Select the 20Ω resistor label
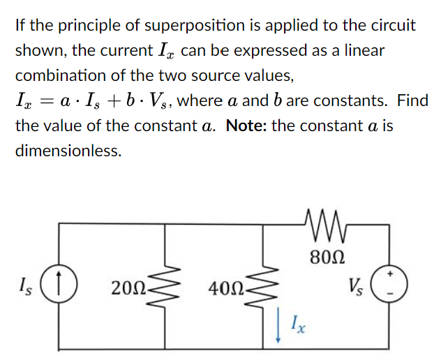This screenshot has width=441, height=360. coord(126,287)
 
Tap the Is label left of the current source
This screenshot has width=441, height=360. coord(27,285)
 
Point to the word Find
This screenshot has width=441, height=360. coord(412,101)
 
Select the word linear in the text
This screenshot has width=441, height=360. coord(361,51)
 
